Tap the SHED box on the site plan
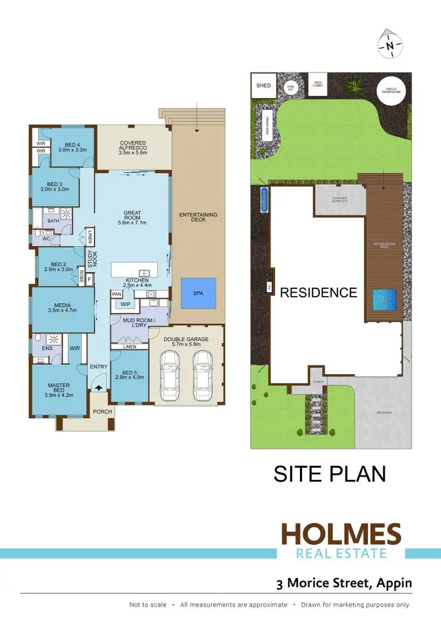pos(263,86)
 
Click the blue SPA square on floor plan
pos(198,293)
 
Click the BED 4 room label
pos(72,147)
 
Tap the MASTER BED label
pos(59,390)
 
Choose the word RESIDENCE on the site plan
pos(318,293)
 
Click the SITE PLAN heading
pos(329,474)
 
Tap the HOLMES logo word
pos(341,535)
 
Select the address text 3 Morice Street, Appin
pos(344,583)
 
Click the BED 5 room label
pos(129,374)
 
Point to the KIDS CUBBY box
pos(318,84)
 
